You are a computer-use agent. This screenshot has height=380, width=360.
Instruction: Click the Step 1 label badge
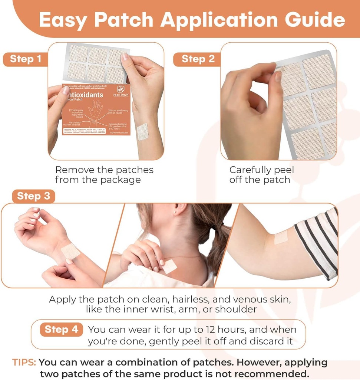[x=25, y=59]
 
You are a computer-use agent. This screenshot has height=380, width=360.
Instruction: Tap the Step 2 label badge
[x=198, y=59]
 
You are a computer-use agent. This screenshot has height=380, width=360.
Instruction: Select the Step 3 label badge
[x=33, y=196]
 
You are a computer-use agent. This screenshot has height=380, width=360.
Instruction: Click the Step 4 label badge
[x=61, y=329]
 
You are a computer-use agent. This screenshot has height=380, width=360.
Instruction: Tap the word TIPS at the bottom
[x=24, y=362]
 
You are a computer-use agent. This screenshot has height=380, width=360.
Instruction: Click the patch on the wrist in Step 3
[x=70, y=251]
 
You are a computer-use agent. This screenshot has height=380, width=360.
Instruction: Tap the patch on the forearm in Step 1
[x=142, y=131]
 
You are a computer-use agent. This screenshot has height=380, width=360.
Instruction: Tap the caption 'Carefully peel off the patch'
[x=261, y=175]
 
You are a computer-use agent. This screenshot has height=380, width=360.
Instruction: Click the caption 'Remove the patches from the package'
[x=104, y=175]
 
